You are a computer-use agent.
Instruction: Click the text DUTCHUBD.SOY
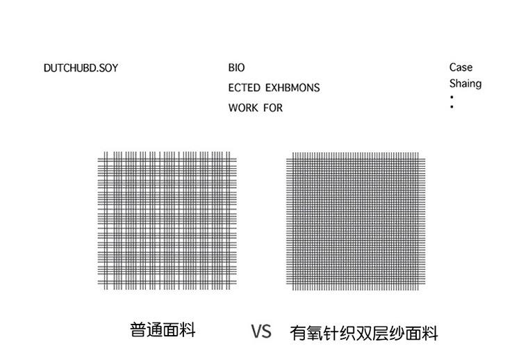click(81, 68)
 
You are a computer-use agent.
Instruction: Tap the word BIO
click(236, 68)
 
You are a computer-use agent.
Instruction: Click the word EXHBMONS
click(292, 88)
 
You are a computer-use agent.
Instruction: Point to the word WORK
click(243, 108)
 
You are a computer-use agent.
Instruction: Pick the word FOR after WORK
click(273, 108)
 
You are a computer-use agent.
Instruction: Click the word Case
click(461, 67)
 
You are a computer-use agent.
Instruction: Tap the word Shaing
click(465, 83)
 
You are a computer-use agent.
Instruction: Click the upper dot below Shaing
click(452, 97)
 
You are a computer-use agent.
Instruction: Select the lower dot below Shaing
click(452, 108)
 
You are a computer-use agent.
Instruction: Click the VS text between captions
click(261, 331)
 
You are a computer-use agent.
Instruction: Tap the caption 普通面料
click(163, 329)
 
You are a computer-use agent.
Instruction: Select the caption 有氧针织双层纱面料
click(364, 333)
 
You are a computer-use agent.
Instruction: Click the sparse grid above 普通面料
click(167, 220)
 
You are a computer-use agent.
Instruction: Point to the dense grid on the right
click(355, 220)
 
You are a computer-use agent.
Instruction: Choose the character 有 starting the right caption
click(298, 333)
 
